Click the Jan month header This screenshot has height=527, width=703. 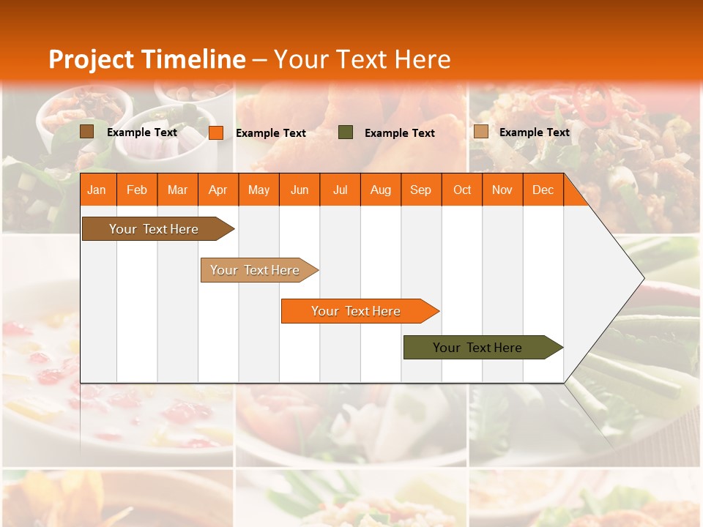pyautogui.click(x=97, y=190)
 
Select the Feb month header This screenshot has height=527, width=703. pyautogui.click(x=137, y=190)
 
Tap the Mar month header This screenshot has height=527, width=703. pyautogui.click(x=177, y=190)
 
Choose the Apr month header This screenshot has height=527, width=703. pyautogui.click(x=217, y=190)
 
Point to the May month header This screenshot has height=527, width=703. pyautogui.click(x=258, y=190)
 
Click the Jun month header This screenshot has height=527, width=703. pyautogui.click(x=300, y=190)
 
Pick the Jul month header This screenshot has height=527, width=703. pyautogui.click(x=340, y=190)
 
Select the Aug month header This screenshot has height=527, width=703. pyautogui.click(x=380, y=190)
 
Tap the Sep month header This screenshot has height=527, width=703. pyautogui.click(x=420, y=190)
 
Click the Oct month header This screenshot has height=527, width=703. pyautogui.click(x=462, y=190)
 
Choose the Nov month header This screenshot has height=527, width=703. pyautogui.click(x=502, y=190)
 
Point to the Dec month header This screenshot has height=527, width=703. pyautogui.click(x=543, y=190)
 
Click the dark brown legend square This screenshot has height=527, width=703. pyautogui.click(x=87, y=132)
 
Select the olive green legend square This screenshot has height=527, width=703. pyautogui.click(x=346, y=132)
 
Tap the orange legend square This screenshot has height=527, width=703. pyautogui.click(x=216, y=132)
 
